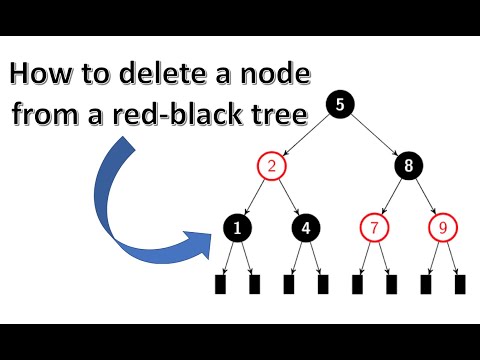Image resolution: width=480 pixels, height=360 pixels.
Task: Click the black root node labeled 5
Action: (x=340, y=104)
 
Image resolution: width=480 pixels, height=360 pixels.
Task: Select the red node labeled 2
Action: (x=272, y=166)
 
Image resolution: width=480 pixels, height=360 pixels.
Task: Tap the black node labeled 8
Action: (x=408, y=166)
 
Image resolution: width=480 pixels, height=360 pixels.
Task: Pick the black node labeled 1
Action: (x=238, y=228)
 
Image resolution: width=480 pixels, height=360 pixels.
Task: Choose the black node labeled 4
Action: (x=306, y=228)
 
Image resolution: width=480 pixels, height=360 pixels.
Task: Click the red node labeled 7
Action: (x=374, y=228)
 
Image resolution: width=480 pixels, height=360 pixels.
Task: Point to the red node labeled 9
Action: (x=442, y=228)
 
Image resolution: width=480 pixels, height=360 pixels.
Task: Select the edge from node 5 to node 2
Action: (x=306, y=135)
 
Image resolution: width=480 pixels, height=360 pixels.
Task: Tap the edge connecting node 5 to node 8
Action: (x=374, y=135)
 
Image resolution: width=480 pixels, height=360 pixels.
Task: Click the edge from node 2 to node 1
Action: (x=255, y=197)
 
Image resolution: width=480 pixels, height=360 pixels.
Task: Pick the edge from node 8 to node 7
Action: (x=391, y=197)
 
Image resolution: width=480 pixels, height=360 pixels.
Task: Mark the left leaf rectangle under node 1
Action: (x=221, y=284)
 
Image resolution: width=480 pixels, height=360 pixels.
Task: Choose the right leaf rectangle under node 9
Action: (x=459, y=284)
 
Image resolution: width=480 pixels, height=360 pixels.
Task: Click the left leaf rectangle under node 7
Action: (x=357, y=284)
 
